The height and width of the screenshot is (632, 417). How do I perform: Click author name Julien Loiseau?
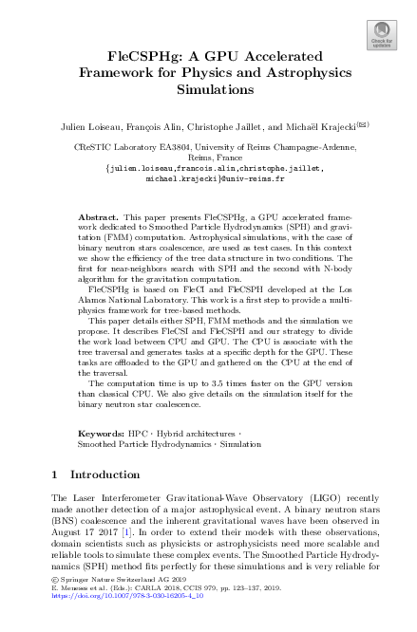(x=87, y=123)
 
